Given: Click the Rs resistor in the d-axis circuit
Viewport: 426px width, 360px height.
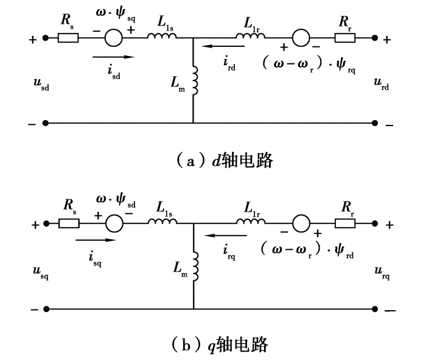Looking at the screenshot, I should [x=68, y=38].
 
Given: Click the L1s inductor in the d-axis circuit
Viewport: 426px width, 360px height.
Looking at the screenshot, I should [x=161, y=37].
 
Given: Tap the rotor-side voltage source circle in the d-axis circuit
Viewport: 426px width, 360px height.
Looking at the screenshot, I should [x=299, y=38].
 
